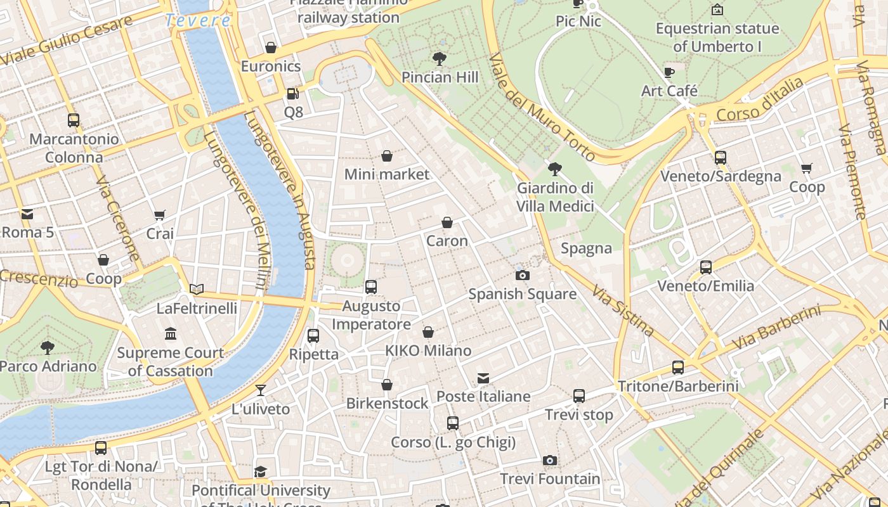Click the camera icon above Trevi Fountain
point(550,460)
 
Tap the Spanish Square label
point(522,294)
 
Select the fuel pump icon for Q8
point(292,94)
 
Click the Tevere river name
point(198,20)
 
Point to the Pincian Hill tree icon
point(439,59)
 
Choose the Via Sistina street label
point(623,311)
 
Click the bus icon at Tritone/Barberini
point(677,367)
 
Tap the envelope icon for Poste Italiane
point(483,378)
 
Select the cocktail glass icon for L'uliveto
point(261,390)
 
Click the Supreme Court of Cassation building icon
point(171,333)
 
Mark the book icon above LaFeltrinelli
point(197,290)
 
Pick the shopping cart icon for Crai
point(160,215)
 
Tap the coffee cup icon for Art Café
point(669,72)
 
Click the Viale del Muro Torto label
point(542,107)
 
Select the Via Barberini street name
point(777,328)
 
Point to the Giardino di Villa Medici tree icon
point(555,169)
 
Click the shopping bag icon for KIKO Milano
point(429,332)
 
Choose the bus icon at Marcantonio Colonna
point(74,120)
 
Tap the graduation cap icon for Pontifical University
point(260,472)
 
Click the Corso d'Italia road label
point(760,100)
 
